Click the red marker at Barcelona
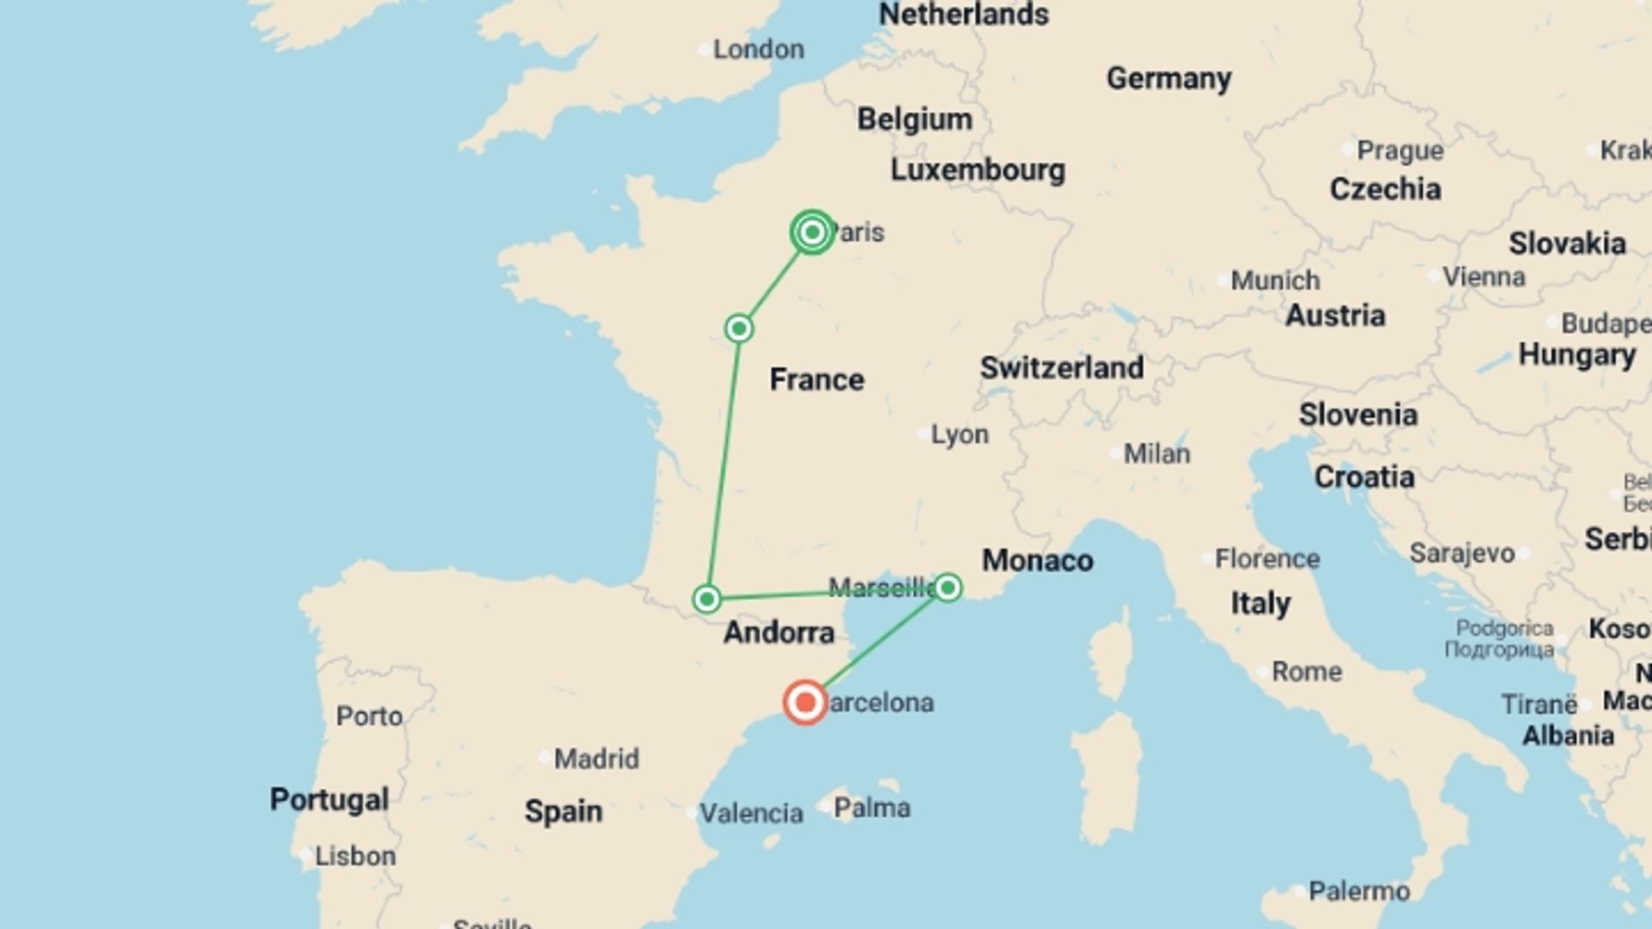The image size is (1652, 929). (x=805, y=703)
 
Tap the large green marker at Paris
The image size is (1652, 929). (x=812, y=232)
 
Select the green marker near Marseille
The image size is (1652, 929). (x=947, y=588)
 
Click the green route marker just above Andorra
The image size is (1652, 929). (x=707, y=599)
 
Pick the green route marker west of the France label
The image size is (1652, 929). (x=739, y=329)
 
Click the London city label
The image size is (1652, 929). (x=758, y=49)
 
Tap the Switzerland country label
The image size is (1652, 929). (x=1062, y=368)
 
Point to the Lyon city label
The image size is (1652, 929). (x=959, y=434)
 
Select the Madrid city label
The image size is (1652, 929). (x=596, y=759)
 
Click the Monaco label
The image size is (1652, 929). (x=1038, y=561)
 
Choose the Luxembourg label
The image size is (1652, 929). (x=977, y=169)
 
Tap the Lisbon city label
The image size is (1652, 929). (x=354, y=856)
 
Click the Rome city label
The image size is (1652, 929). (x=1306, y=671)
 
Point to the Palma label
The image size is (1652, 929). (x=872, y=808)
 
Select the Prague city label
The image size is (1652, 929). (x=1400, y=151)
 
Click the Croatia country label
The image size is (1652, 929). (x=1364, y=477)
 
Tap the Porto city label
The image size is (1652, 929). (x=369, y=716)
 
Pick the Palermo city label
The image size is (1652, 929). (x=1359, y=891)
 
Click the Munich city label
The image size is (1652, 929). (x=1274, y=280)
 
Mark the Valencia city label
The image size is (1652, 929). (x=750, y=813)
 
